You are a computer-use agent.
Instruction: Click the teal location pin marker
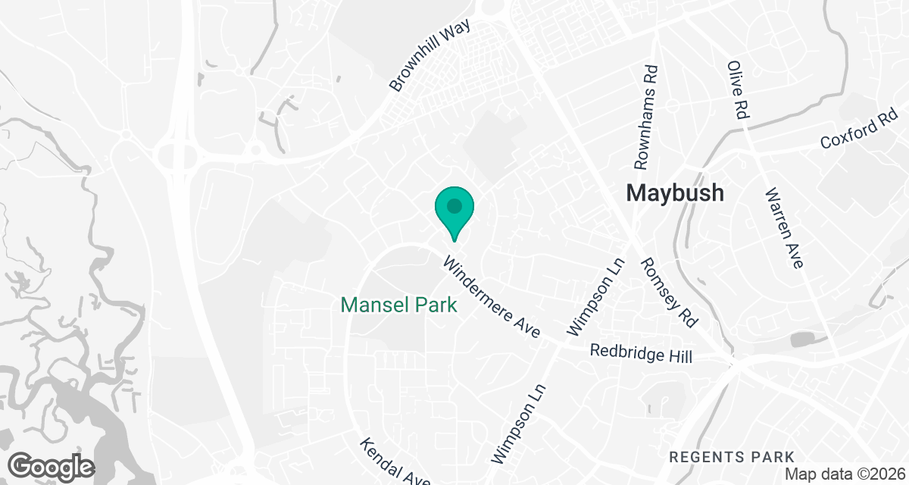tap(454, 212)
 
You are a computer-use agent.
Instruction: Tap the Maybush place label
tap(675, 192)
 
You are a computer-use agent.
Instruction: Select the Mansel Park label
tap(399, 305)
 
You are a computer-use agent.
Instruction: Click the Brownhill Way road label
tap(430, 55)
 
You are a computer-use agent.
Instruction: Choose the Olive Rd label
tap(738, 89)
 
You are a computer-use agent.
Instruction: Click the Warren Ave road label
tap(783, 228)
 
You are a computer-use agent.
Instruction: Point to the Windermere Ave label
tap(492, 297)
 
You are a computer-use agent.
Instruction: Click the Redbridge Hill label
tap(641, 353)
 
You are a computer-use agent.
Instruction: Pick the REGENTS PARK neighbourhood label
tap(733, 457)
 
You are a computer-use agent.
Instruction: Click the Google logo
tap(51, 465)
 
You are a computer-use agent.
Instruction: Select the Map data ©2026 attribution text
tap(845, 474)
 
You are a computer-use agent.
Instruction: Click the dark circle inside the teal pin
tap(454, 205)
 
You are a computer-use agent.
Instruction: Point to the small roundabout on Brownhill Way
tap(256, 150)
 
